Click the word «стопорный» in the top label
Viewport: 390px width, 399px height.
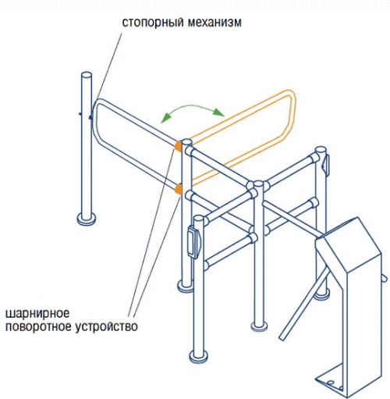pyautogui.click(x=152, y=23)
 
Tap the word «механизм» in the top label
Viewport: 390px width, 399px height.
pyautogui.click(x=214, y=23)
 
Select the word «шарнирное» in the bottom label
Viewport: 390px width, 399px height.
pyautogui.click(x=37, y=314)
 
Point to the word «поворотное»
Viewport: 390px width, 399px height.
pyautogui.click(x=38, y=327)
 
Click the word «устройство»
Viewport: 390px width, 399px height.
pyautogui.click(x=107, y=326)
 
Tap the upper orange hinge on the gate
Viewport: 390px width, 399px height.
pyautogui.click(x=179, y=146)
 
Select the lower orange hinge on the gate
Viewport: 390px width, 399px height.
pyautogui.click(x=179, y=189)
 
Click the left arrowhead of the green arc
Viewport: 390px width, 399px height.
pyautogui.click(x=165, y=118)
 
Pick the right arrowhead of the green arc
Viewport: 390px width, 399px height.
pyautogui.click(x=219, y=112)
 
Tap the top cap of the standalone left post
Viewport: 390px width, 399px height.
pyautogui.click(x=87, y=76)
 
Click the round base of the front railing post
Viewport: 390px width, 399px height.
pyautogui.click(x=199, y=355)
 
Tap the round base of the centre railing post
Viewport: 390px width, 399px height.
pyautogui.click(x=259, y=325)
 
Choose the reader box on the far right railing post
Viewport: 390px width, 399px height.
pyautogui.click(x=325, y=162)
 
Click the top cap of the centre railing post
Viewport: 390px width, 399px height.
pyautogui.click(x=259, y=183)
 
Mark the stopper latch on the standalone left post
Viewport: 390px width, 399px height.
pyautogui.click(x=90, y=116)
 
